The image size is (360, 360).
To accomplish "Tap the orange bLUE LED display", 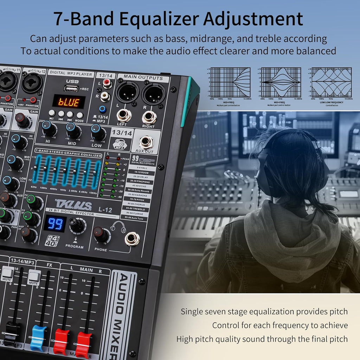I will coord(69,102).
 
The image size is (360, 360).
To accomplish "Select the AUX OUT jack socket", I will coord(146,142).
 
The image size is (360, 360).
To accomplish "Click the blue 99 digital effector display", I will coord(55,224).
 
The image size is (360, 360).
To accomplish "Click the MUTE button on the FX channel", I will coord(34,277).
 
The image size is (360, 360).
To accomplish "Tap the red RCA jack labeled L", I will coord(107,84).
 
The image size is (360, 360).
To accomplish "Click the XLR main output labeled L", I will coord(127,92).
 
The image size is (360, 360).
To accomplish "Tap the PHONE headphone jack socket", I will coord(132,239).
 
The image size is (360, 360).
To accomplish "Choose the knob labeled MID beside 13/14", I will coord(73,130).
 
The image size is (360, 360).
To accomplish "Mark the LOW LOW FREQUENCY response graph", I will coord(332,82).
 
